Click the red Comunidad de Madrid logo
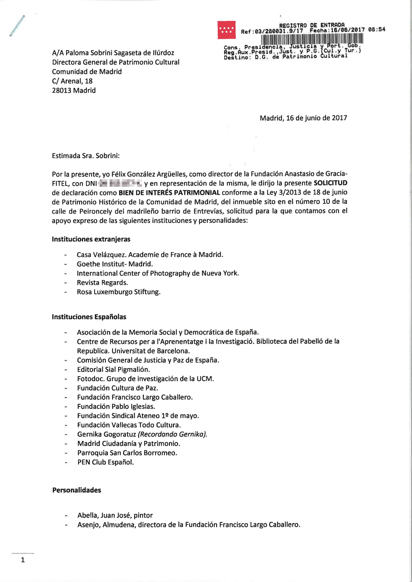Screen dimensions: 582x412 226,30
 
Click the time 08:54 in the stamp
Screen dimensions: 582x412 377,30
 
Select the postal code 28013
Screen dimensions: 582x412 62,90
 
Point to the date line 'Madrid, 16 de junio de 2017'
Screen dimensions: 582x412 303,118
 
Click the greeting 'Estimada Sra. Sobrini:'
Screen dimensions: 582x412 86,156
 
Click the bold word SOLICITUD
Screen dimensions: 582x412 330,183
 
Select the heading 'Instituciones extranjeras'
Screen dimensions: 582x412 91,239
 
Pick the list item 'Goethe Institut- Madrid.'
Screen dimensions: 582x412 115,264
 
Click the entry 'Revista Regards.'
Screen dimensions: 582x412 102,283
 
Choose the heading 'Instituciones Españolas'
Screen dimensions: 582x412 89,317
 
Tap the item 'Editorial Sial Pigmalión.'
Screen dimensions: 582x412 113,370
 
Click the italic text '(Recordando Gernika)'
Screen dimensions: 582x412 172,434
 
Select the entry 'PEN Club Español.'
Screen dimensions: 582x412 106,462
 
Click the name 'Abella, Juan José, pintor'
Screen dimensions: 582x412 115,515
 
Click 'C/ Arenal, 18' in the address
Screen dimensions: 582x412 72,81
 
